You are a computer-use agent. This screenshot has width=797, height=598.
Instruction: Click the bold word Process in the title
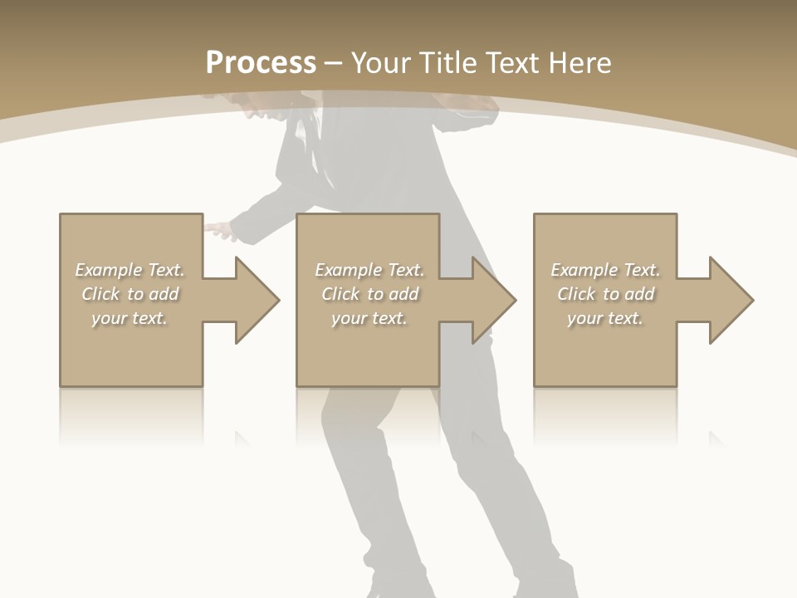(261, 63)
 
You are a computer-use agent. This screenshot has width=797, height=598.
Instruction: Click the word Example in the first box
(108, 270)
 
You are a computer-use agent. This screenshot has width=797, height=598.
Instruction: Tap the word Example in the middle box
(348, 270)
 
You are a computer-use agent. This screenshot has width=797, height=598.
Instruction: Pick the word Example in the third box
(584, 270)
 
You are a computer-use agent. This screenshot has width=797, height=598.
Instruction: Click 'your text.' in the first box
(130, 318)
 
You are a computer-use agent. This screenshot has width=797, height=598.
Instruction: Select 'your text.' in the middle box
(369, 318)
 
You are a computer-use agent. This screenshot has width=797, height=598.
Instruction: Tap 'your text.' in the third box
(605, 318)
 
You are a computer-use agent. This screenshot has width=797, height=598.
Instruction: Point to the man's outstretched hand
(218, 230)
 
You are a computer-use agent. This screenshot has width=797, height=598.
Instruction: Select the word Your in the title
(380, 63)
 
